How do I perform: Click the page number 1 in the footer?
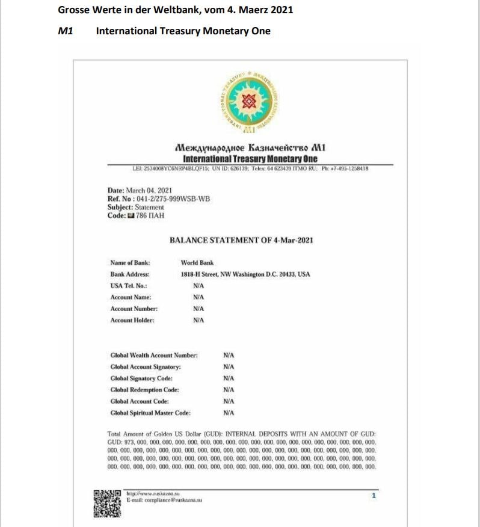[x=374, y=496]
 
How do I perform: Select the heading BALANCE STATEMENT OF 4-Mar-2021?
[x=241, y=241]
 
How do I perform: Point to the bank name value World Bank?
[x=197, y=263]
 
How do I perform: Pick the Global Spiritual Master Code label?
[x=150, y=413]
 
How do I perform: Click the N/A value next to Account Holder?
[x=198, y=320]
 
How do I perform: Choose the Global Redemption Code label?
[x=144, y=390]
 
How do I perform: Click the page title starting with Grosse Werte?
[x=176, y=10]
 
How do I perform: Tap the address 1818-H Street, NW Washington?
[x=245, y=274]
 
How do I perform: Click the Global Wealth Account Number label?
[x=154, y=356]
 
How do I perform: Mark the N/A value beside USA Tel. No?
[x=198, y=286]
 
